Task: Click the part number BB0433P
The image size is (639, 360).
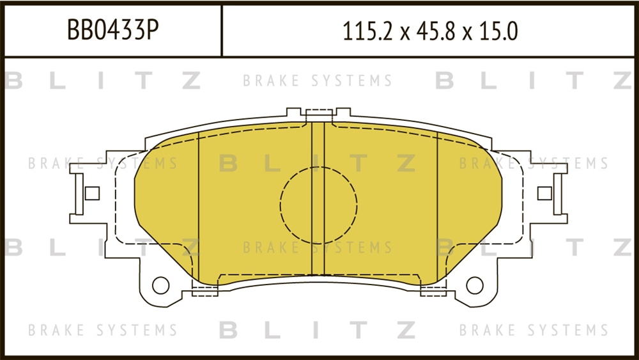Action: click(x=112, y=30)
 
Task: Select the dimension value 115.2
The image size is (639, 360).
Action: click(x=367, y=31)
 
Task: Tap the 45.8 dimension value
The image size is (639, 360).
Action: click(x=435, y=31)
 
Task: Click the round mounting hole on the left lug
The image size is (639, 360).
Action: click(x=160, y=285)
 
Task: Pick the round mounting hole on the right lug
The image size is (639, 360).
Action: click(x=474, y=285)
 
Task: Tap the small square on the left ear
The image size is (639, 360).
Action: click(x=92, y=193)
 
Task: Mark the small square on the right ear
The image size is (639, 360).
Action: click(x=544, y=193)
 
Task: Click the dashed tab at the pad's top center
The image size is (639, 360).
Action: click(x=319, y=115)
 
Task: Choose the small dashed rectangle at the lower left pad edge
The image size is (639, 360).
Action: click(x=204, y=291)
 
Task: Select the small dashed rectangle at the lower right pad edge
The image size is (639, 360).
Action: click(x=433, y=291)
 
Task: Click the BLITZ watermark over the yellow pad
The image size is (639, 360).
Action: click(x=318, y=163)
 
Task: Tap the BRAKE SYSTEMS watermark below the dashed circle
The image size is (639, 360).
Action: click(x=318, y=247)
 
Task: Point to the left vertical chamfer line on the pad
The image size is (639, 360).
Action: click(x=199, y=207)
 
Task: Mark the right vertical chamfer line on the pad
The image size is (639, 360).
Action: click(x=437, y=207)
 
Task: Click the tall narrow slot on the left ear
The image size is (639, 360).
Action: click(x=79, y=194)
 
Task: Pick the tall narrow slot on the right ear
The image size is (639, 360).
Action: click(x=557, y=194)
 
